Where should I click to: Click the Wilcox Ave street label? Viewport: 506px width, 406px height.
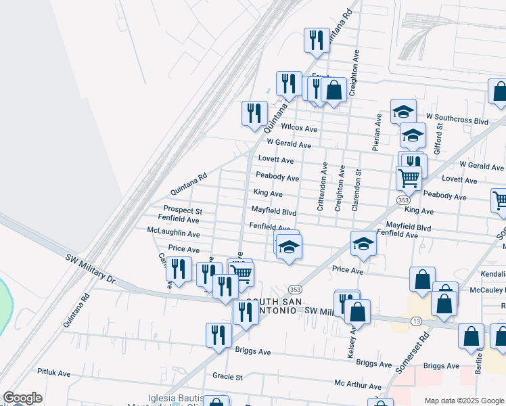click(299, 128)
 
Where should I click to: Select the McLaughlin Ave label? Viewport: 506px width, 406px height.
click(173, 233)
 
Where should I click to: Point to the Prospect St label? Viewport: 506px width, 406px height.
click(183, 210)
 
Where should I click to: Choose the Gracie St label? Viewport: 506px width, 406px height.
click(227, 376)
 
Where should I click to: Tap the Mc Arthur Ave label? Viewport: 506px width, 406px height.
click(358, 385)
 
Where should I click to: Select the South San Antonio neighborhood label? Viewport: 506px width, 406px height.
click(271, 306)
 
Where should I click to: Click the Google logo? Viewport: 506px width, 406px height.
click(22, 398)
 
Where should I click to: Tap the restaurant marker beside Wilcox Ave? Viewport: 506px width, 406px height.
click(254, 113)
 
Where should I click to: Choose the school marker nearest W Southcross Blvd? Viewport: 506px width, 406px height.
click(403, 111)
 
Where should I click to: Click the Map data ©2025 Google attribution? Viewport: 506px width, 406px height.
click(465, 401)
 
